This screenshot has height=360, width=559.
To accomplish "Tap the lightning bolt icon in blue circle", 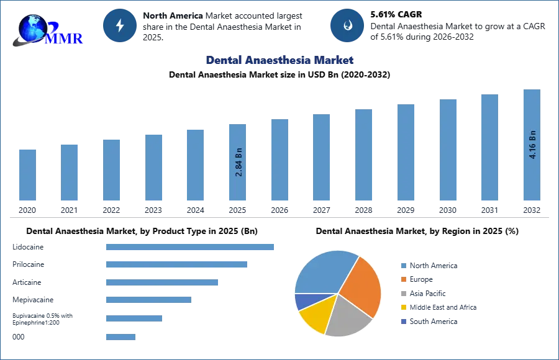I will tap(120, 25).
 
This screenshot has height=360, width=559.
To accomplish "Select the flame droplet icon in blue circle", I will tap(347, 25).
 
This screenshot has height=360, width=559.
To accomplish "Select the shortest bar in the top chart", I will tap(27, 177).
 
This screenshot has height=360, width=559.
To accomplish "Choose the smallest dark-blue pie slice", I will tap(302, 301).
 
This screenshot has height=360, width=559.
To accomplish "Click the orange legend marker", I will tap(402, 279).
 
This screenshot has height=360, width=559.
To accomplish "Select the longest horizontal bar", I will tap(191, 248).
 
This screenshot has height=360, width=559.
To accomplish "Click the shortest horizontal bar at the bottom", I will tap(121, 338).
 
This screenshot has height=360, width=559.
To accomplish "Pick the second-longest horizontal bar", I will tap(176, 263).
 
